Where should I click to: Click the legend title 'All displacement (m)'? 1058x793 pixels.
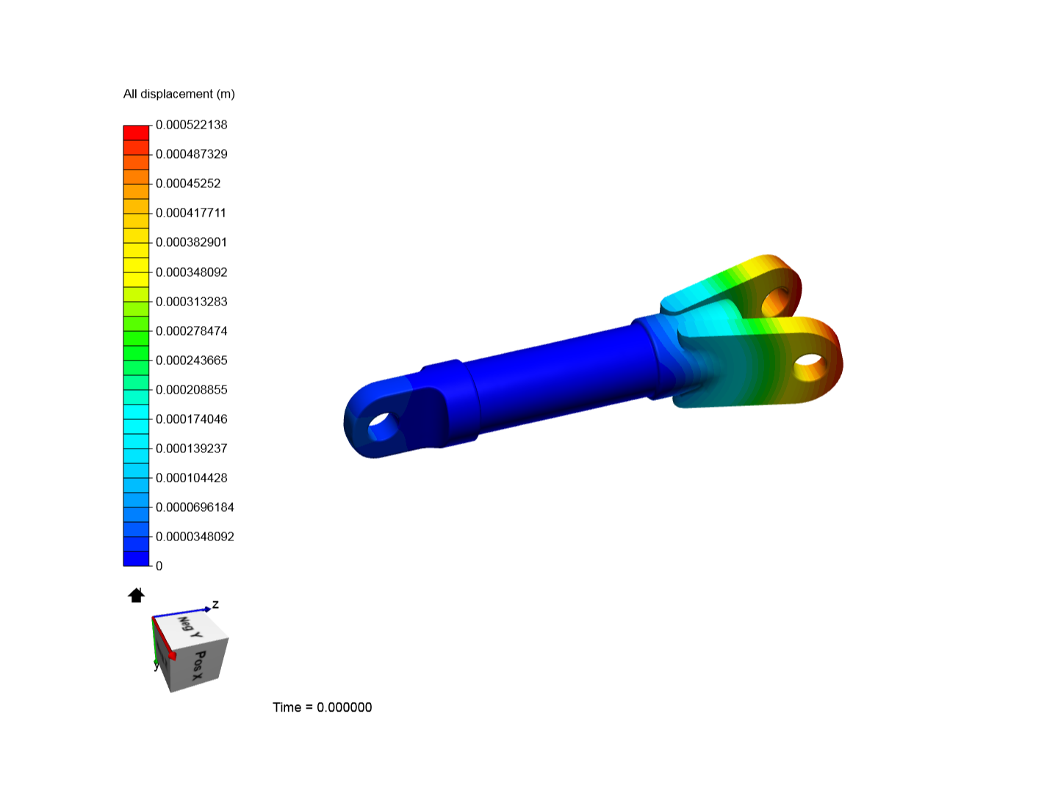coord(179,94)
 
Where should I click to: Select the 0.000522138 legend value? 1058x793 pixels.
coord(191,125)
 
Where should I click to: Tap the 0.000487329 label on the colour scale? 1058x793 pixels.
coord(191,154)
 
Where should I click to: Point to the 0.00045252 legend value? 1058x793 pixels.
coord(188,184)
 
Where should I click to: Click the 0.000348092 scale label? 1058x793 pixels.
coord(191,272)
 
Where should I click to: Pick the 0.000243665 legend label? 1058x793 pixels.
coord(191,360)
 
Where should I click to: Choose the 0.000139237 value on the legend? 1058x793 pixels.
coord(191,448)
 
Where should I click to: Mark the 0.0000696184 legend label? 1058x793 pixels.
coord(195,507)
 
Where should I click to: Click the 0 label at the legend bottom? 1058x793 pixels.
coord(159,565)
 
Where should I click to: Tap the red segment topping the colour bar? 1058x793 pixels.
coord(136,133)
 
